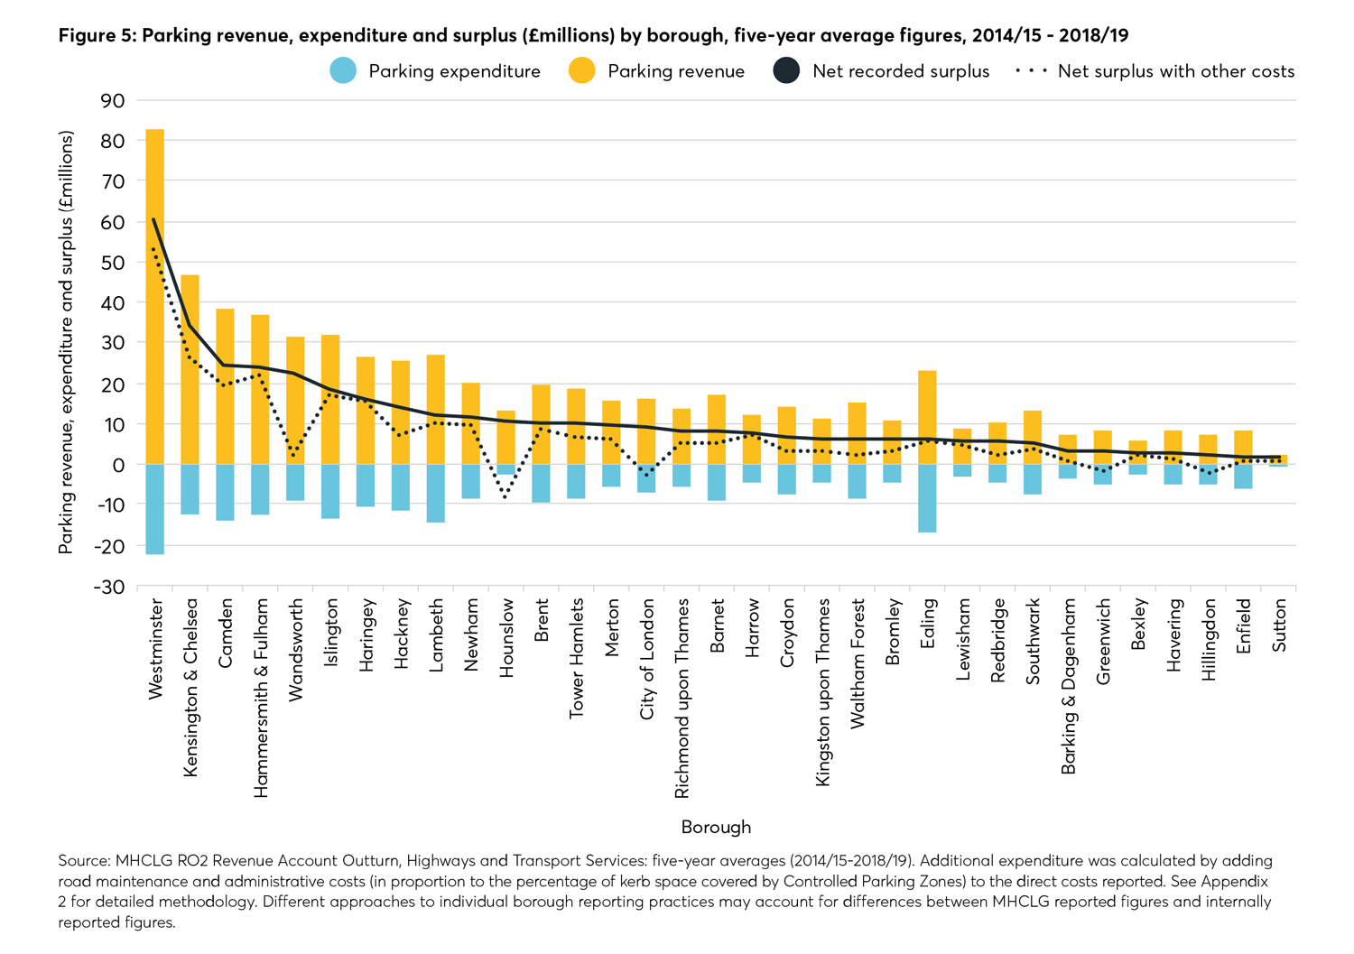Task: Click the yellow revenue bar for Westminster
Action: pyautogui.click(x=155, y=298)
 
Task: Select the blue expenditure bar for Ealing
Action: pyautogui.click(x=927, y=498)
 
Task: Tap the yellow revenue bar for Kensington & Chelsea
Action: pyautogui.click(x=190, y=370)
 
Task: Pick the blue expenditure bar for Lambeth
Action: pyautogui.click(x=436, y=493)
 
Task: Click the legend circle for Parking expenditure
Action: pyautogui.click(x=344, y=71)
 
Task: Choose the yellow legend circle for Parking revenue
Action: pyautogui.click(x=583, y=71)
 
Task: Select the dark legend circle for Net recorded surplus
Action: pyautogui.click(x=787, y=71)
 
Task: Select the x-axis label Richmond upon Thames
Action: pyautogui.click(x=682, y=697)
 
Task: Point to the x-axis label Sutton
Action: pyautogui.click(x=1279, y=625)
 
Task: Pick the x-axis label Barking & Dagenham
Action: pyautogui.click(x=1069, y=686)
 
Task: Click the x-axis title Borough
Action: pyautogui.click(x=716, y=827)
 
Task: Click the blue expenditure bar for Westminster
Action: pyautogui.click(x=155, y=509)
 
